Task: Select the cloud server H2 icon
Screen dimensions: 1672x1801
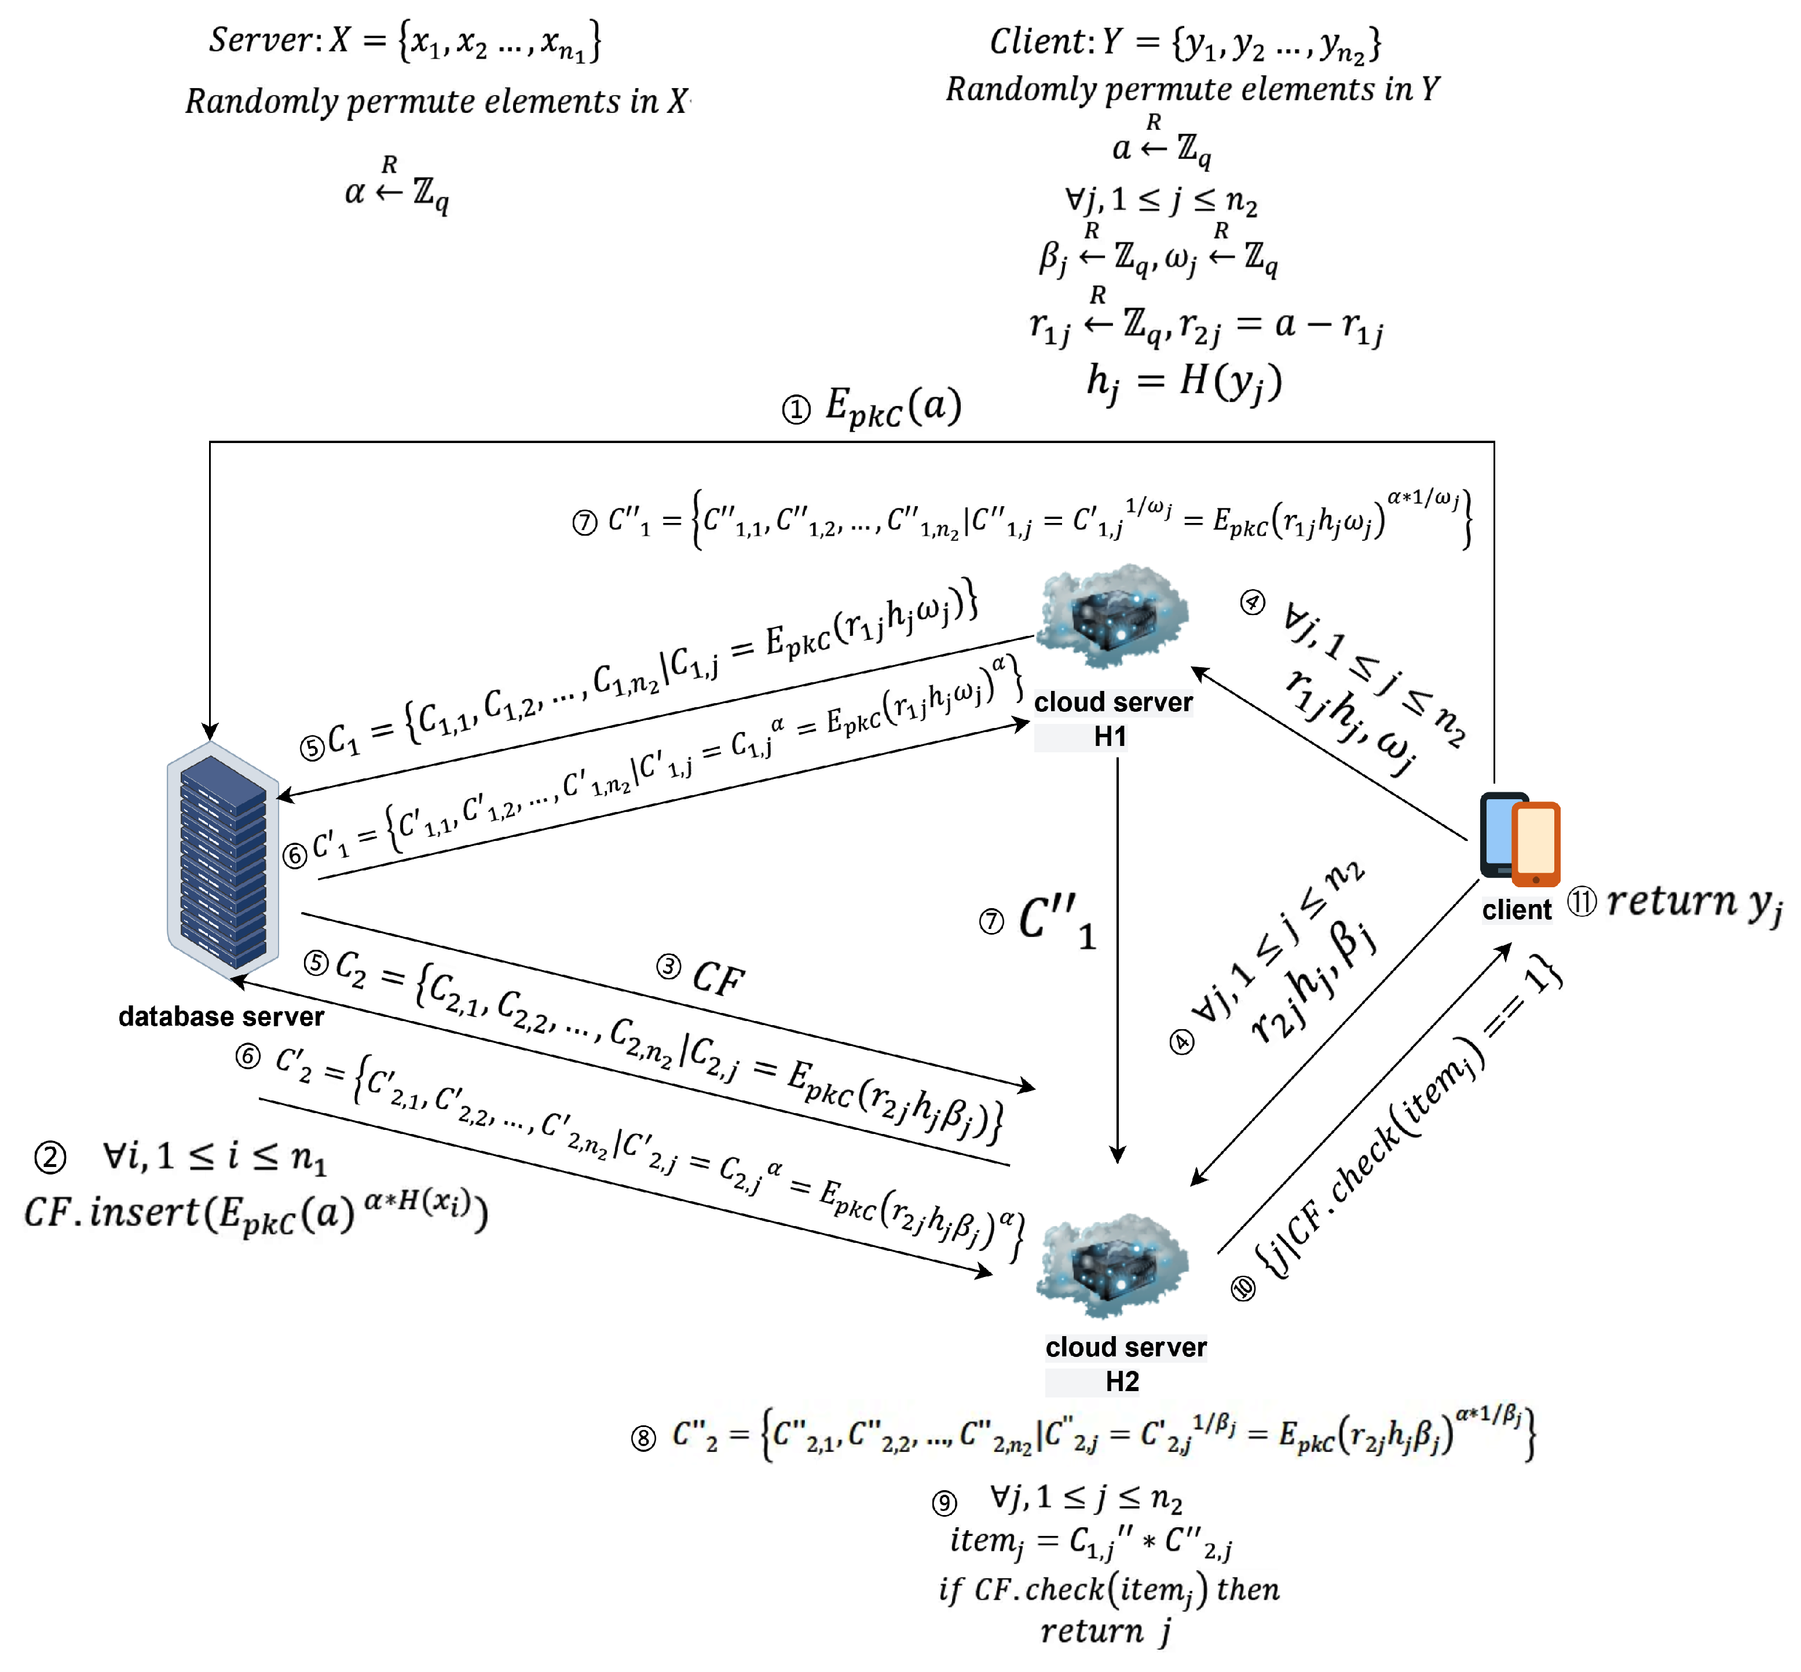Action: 1112,1267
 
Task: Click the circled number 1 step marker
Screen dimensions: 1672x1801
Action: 796,411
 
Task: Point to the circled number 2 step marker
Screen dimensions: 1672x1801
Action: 50,1158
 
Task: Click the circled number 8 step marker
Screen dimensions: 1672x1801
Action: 643,1439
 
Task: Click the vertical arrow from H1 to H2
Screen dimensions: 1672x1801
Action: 1118,959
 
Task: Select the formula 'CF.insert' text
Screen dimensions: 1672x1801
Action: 108,1212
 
